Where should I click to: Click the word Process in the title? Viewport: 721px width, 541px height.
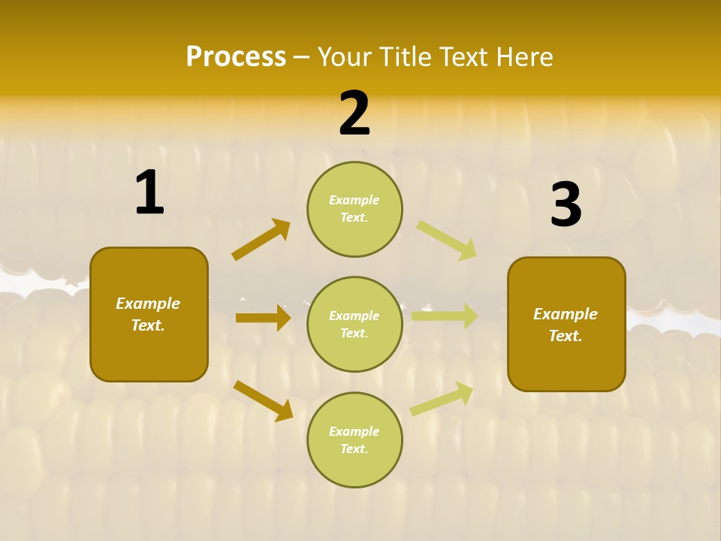(x=236, y=57)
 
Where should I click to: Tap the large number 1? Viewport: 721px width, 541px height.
(x=149, y=193)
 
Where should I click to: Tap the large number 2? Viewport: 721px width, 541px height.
(x=354, y=113)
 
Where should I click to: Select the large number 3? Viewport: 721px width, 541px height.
(x=566, y=205)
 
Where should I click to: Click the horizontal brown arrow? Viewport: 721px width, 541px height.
(x=263, y=318)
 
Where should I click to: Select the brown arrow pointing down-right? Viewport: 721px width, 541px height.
(x=263, y=400)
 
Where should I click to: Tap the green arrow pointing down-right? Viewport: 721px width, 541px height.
(x=447, y=240)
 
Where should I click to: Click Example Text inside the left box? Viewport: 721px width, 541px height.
(x=148, y=314)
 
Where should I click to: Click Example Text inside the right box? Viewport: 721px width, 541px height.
(x=566, y=325)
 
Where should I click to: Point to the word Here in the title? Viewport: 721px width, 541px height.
(x=523, y=57)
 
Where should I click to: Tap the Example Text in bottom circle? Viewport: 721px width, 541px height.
(x=354, y=440)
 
